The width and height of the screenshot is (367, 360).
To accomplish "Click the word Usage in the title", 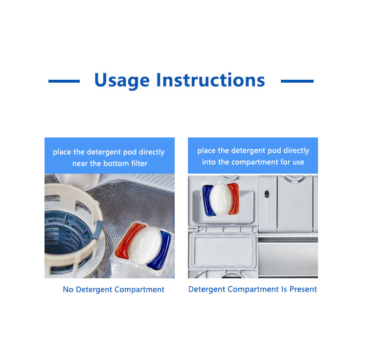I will [x=122, y=80].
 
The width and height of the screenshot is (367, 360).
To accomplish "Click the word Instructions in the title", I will [x=210, y=80].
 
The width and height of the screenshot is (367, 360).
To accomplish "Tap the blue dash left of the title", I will [x=64, y=81].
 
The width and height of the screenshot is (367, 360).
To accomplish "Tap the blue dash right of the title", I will [x=297, y=81].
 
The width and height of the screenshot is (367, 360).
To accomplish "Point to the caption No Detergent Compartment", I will [x=114, y=290].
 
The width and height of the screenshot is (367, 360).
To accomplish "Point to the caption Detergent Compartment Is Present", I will [x=252, y=289].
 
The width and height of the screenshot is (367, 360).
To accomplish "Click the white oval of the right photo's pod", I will [x=221, y=200].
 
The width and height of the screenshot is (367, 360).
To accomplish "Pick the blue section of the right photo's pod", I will [x=207, y=201].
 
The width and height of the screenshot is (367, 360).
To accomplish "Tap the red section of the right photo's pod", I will [x=234, y=199].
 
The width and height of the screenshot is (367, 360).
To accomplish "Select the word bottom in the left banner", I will [x=118, y=163].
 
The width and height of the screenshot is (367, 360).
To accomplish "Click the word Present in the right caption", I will [x=303, y=289].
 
